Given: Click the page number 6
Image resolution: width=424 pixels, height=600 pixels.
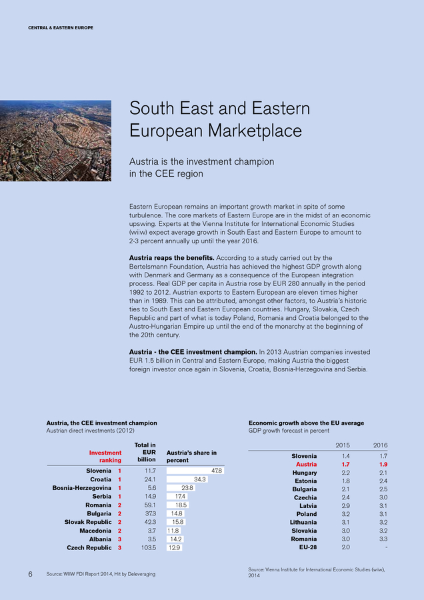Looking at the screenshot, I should click(x=31, y=573).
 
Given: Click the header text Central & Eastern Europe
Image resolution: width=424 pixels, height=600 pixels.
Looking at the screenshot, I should click(x=61, y=27).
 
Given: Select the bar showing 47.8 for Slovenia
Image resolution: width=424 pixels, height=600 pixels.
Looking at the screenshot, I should click(x=195, y=471).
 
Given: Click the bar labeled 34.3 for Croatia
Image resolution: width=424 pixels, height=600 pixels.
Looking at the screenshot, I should click(x=187, y=479).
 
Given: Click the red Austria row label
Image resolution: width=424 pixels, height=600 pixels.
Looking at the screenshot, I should click(x=306, y=464).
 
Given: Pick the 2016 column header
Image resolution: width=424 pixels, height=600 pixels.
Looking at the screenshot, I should click(x=379, y=445).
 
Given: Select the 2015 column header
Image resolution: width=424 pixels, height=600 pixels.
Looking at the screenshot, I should click(x=343, y=445).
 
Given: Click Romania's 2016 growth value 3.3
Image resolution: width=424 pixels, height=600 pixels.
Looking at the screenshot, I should click(x=382, y=539).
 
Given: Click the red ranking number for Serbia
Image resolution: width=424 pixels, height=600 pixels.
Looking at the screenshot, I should click(x=119, y=496).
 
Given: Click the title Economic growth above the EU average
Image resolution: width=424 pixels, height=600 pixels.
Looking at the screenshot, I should click(x=306, y=423).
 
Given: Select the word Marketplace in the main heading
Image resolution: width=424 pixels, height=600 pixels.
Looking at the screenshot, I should click(x=255, y=131).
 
